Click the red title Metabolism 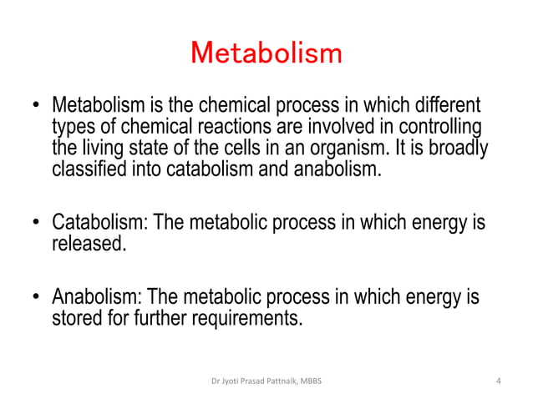[266, 53]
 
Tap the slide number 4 [498, 381]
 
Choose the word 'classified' [89, 170]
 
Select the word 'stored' [78, 318]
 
